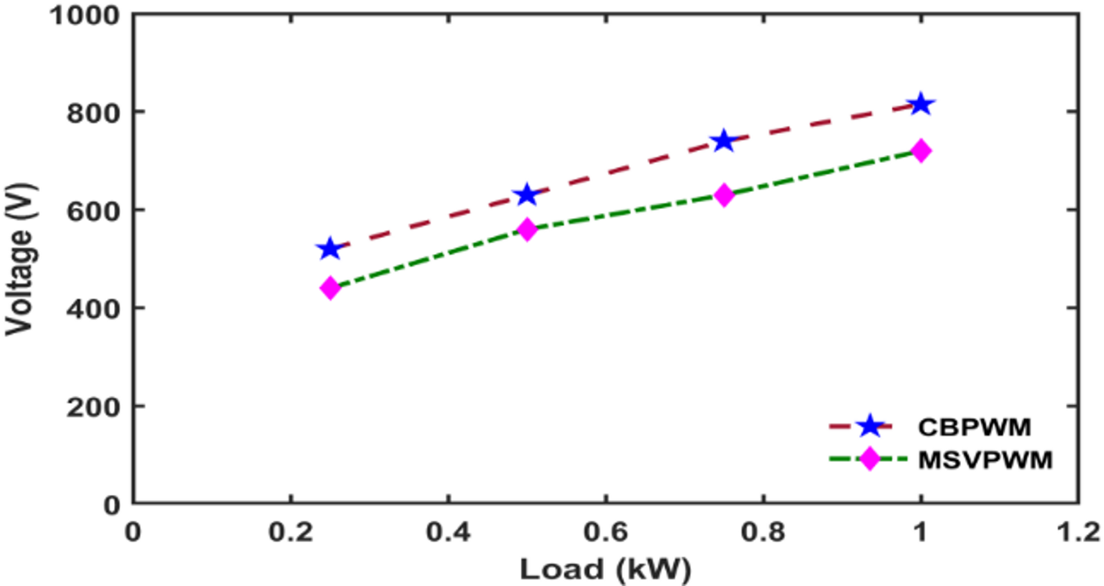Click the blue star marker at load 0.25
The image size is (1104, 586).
click(329, 249)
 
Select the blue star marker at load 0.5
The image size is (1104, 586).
click(527, 194)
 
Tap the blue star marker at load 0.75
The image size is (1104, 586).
click(724, 141)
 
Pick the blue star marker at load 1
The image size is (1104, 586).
click(921, 104)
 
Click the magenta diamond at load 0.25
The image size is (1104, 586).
click(330, 288)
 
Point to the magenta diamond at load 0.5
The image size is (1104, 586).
click(527, 229)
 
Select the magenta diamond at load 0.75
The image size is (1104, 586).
click(724, 195)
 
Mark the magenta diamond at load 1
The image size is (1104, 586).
click(921, 150)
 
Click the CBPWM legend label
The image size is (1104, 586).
click(974, 427)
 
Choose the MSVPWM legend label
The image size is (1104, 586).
click(985, 460)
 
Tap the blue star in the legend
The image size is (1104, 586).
click(870, 426)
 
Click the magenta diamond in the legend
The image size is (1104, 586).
click(870, 459)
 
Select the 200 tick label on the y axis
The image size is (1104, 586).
click(92, 408)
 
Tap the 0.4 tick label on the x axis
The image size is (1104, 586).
click(448, 532)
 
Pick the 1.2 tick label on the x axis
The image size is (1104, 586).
click(1078, 532)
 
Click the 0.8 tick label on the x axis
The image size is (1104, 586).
click(763, 532)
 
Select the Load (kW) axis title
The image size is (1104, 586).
click(605, 569)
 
